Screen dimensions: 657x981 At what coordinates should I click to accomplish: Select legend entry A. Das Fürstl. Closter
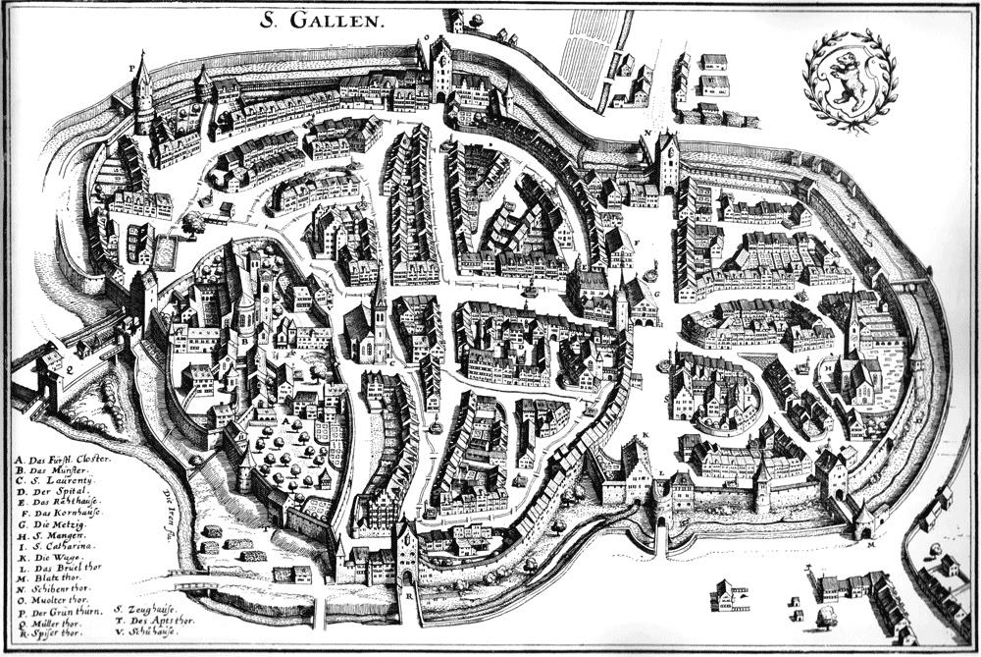point(64,459)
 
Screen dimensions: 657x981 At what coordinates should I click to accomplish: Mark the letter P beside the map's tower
point(131,68)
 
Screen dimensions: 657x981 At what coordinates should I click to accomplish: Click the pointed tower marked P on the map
point(143,93)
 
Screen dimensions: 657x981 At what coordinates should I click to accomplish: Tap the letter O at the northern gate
point(427,38)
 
